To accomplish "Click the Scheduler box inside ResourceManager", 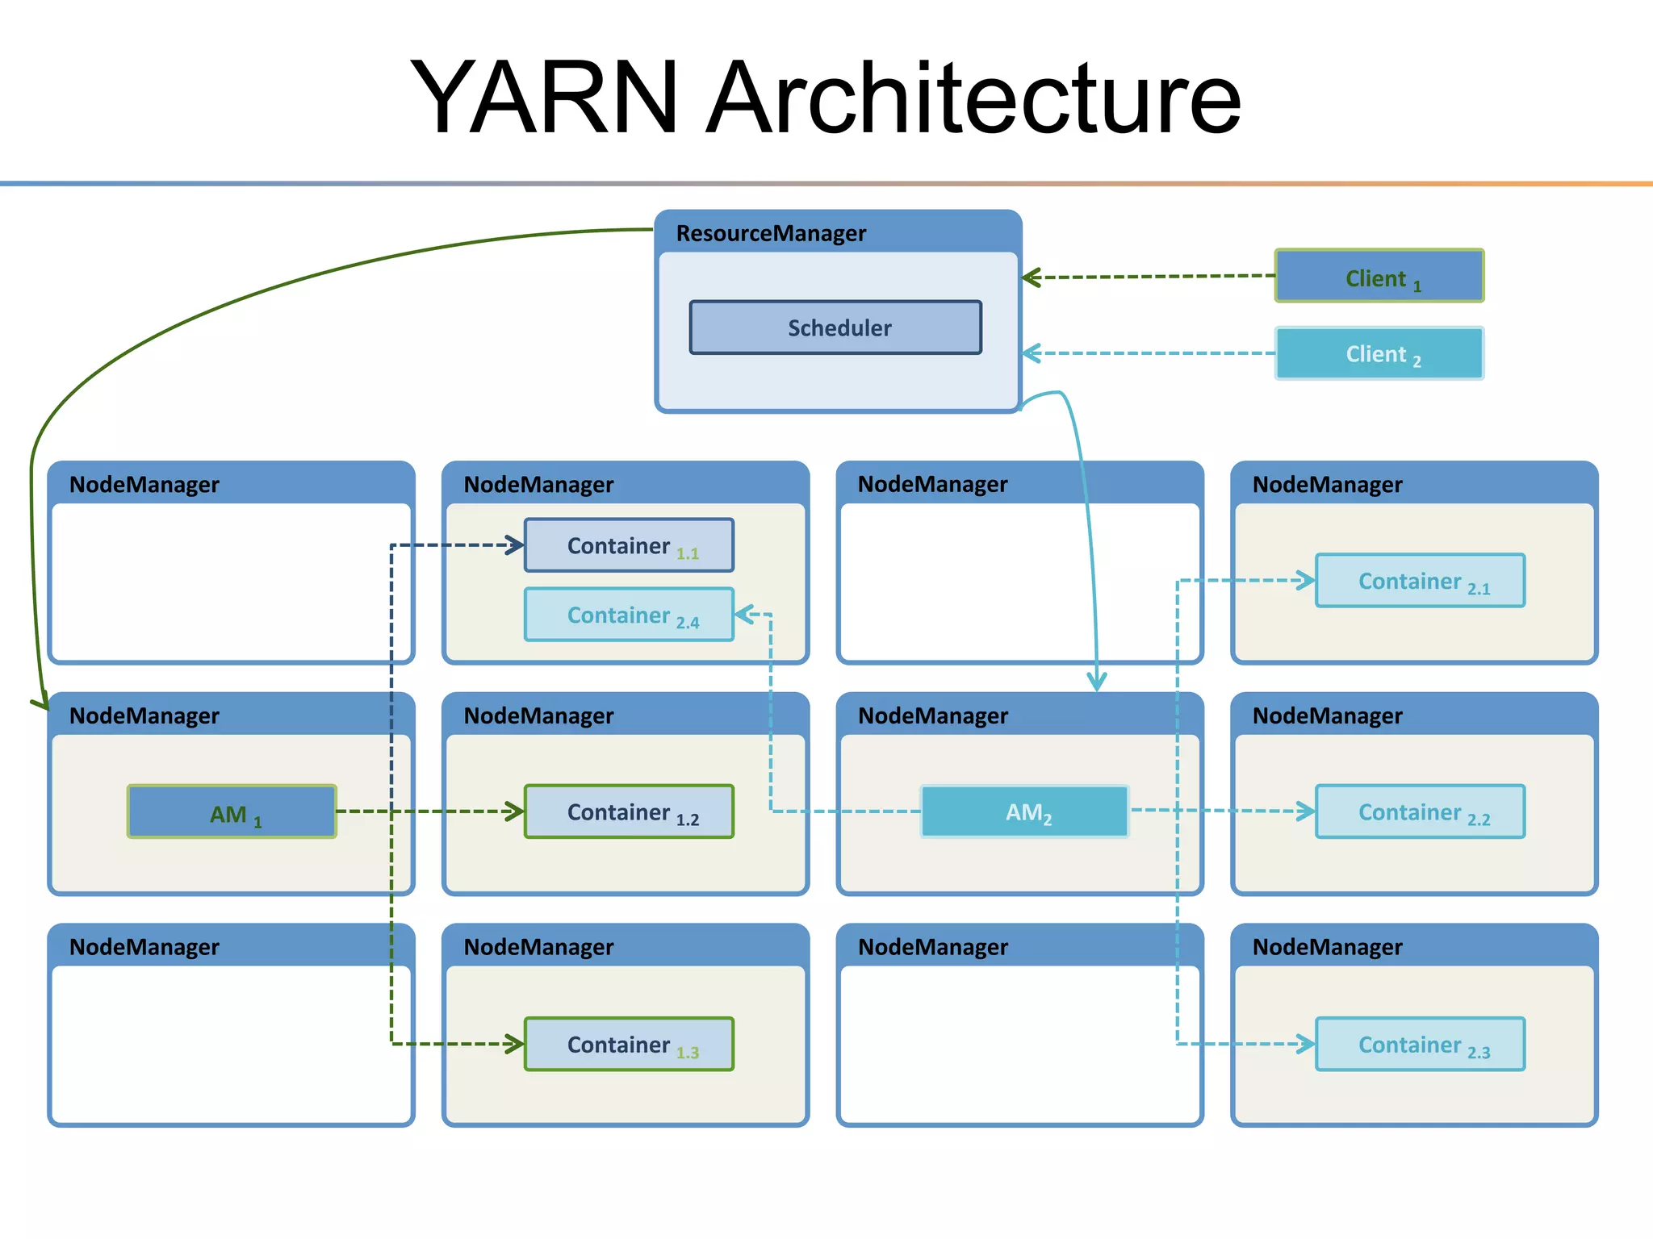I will [x=835, y=327].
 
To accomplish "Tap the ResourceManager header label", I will [x=771, y=233].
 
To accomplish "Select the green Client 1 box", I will [x=1379, y=276].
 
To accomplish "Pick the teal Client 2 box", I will [x=1379, y=353].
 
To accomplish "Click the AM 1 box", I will [x=232, y=811].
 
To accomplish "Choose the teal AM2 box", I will [x=1025, y=811].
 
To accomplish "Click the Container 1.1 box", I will [x=629, y=545].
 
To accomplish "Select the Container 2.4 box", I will [x=629, y=615].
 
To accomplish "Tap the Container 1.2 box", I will [x=629, y=811].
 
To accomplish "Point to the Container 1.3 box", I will [x=629, y=1044].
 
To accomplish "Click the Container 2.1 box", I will [x=1420, y=580].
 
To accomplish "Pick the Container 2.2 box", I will [x=1420, y=811].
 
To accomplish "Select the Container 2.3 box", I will [x=1420, y=1044].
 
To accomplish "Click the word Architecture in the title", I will [x=973, y=98].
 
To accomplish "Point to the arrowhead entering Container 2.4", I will [x=744, y=615].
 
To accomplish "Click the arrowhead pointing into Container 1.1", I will [x=515, y=545].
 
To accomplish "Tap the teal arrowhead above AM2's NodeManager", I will [x=1096, y=680].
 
